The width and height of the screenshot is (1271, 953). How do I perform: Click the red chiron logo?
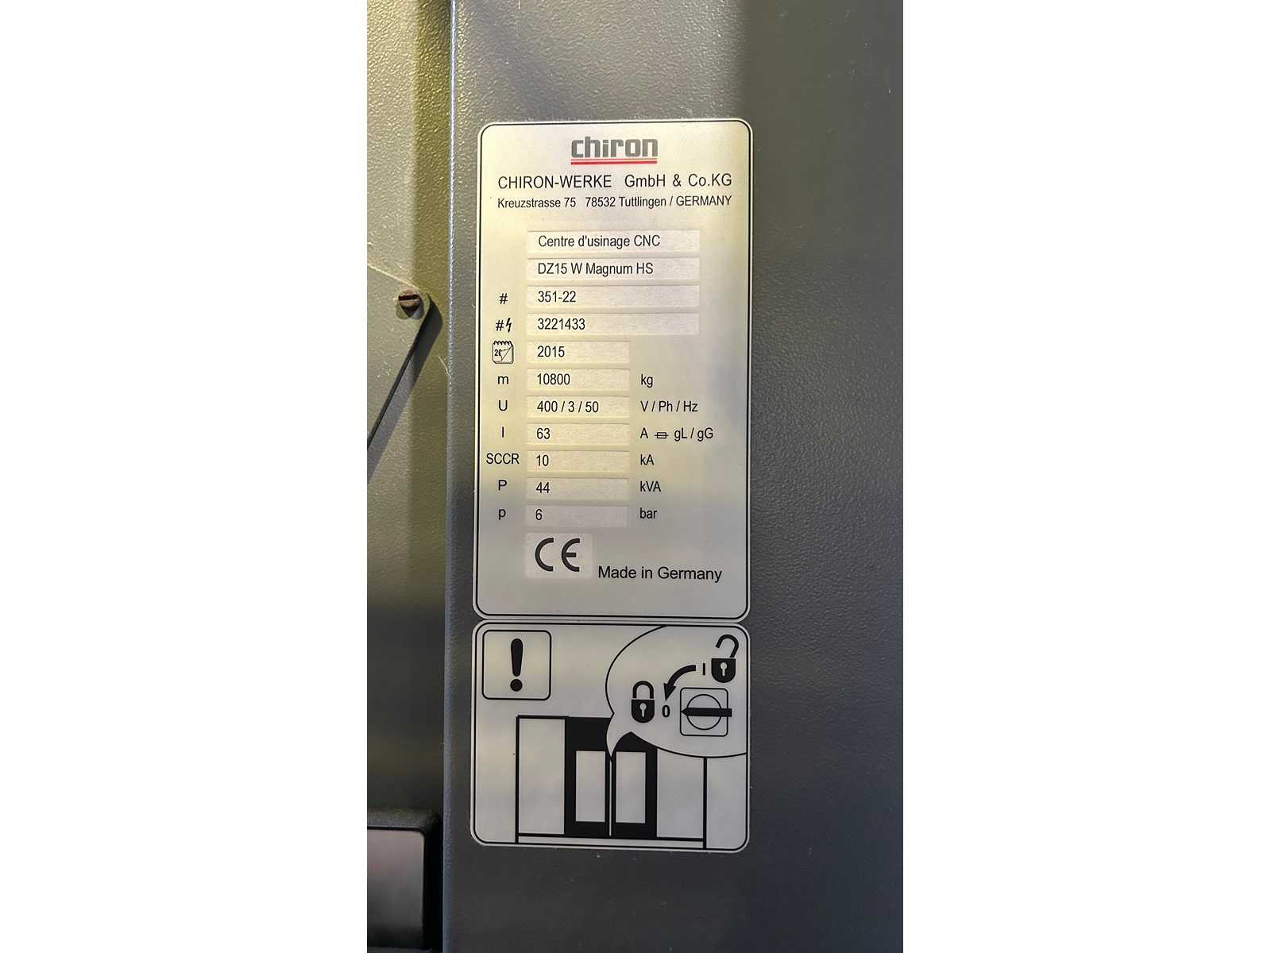pyautogui.click(x=614, y=149)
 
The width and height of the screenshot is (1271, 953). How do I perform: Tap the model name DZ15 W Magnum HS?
pyautogui.click(x=595, y=268)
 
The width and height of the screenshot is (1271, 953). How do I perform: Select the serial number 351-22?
pyautogui.click(x=557, y=297)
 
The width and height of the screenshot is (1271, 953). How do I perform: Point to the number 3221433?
pyautogui.click(x=561, y=324)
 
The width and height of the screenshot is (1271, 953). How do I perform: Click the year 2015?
pyautogui.click(x=551, y=352)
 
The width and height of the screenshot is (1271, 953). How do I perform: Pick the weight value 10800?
pyautogui.click(x=553, y=380)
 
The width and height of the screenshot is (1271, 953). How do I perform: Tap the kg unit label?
pyautogui.click(x=646, y=380)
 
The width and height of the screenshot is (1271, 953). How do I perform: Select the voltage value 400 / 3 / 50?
pyautogui.click(x=567, y=407)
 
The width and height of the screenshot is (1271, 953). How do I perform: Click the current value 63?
pyautogui.click(x=543, y=434)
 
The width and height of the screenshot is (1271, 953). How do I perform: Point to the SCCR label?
pyautogui.click(x=502, y=459)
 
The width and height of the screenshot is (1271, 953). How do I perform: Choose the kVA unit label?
pyautogui.click(x=650, y=487)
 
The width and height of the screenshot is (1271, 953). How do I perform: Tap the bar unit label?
pyautogui.click(x=648, y=513)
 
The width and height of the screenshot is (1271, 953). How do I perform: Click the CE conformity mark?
pyautogui.click(x=557, y=555)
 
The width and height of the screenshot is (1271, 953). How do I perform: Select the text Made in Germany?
pyautogui.click(x=659, y=573)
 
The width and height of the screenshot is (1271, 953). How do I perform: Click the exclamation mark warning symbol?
pyautogui.click(x=516, y=664)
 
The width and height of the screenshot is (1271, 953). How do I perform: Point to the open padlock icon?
pyautogui.click(x=725, y=658)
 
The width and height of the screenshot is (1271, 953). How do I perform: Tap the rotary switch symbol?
pyautogui.click(x=704, y=712)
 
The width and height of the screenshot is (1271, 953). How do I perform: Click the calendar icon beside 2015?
pyautogui.click(x=502, y=352)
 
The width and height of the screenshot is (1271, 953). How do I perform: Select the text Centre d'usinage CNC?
pyautogui.click(x=599, y=241)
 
